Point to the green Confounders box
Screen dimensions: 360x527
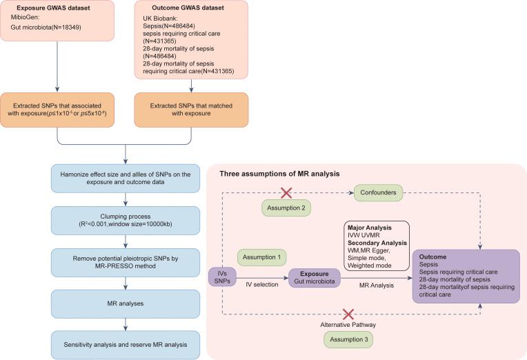click(378, 194)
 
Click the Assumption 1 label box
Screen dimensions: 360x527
click(263, 257)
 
